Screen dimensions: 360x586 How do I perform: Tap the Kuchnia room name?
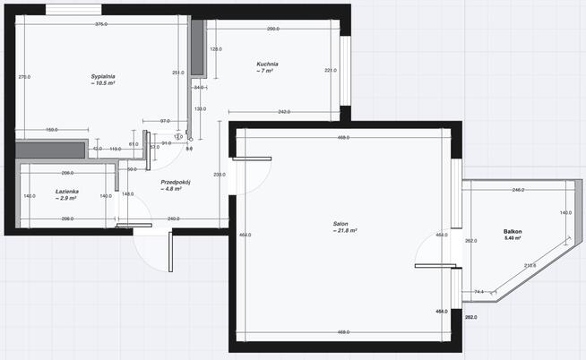tap(267, 64)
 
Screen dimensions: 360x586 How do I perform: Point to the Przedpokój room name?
tap(171, 182)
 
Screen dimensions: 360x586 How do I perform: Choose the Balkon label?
tap(512, 232)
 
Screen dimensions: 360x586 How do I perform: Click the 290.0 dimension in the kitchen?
tap(272, 29)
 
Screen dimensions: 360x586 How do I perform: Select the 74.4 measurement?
tap(479, 291)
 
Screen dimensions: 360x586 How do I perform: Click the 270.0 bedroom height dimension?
tap(24, 77)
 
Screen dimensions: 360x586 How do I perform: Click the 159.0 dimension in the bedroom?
tap(52, 131)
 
